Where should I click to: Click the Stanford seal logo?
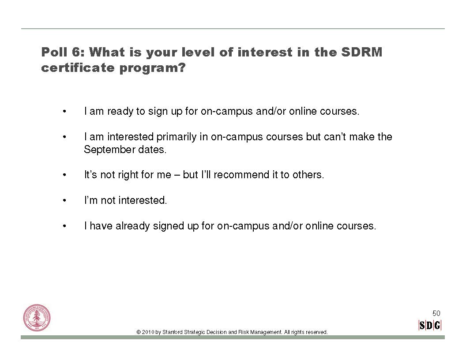(37, 318)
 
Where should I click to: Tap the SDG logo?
(430, 325)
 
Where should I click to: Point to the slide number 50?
(436, 313)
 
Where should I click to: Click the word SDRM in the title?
(362, 52)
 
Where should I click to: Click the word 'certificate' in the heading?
(78, 68)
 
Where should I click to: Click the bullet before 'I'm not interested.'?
(64, 200)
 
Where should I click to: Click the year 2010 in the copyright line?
(148, 332)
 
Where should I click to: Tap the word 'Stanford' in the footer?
(173, 332)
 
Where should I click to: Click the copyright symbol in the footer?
(139, 332)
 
